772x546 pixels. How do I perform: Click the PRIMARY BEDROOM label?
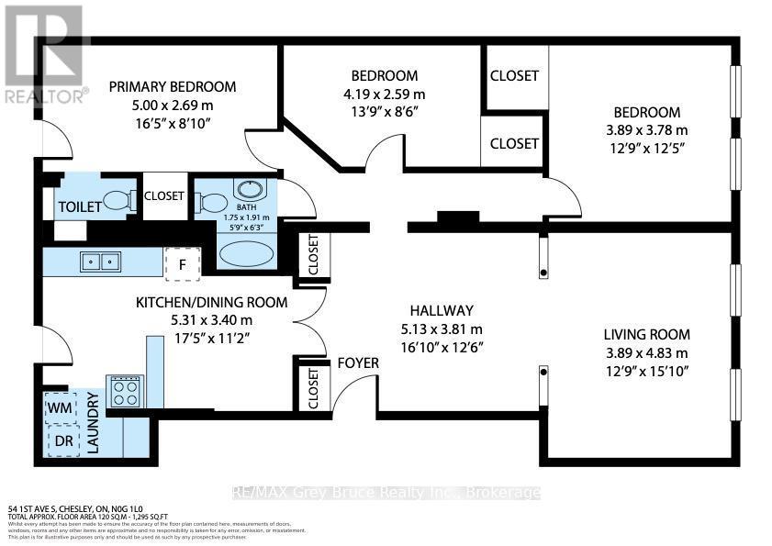172,86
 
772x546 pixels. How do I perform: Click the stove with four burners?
124,392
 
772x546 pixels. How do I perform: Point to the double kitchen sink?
101,262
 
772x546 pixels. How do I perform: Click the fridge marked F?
183,264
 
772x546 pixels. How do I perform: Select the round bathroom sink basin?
248,191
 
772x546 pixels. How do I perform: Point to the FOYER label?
358,362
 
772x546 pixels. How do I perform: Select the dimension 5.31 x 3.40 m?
211,319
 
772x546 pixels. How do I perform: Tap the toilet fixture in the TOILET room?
117,199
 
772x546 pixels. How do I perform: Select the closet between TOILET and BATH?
164,195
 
